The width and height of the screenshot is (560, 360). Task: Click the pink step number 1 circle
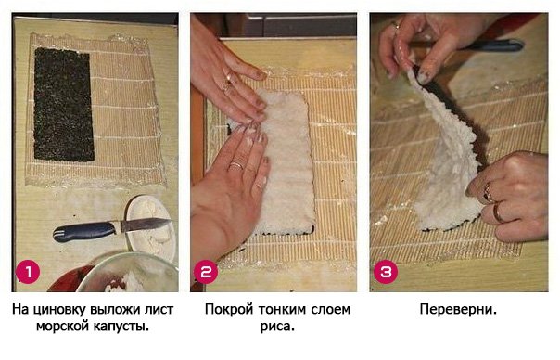point(29,271)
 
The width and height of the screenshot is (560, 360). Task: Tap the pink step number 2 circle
point(205,271)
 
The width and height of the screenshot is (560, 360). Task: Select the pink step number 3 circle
point(385,271)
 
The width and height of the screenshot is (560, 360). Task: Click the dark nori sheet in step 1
point(64,104)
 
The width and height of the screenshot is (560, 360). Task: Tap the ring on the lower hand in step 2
point(235,165)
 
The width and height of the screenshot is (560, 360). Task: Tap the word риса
point(274,327)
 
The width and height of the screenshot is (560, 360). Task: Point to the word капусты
point(121,327)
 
